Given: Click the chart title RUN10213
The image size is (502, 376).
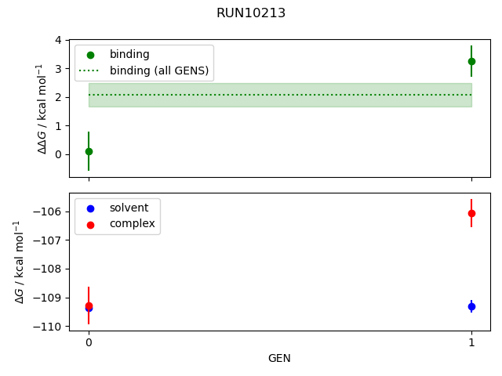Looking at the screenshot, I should pyautogui.click(x=251, y=13).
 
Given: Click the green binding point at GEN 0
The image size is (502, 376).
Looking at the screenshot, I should pyautogui.click(x=89, y=151).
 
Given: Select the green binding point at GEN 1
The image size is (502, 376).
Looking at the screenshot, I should pyautogui.click(x=471, y=61).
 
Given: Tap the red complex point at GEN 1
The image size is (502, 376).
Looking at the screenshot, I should pyautogui.click(x=471, y=213).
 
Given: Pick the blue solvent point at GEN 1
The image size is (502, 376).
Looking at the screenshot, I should pyautogui.click(x=471, y=306).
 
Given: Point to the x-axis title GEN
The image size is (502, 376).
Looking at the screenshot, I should pyautogui.click(x=279, y=358).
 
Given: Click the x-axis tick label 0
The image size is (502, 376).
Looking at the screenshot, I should pyautogui.click(x=89, y=342).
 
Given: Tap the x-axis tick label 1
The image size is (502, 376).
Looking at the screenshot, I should pyautogui.click(x=471, y=342).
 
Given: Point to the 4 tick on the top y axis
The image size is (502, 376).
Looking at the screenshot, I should pyautogui.click(x=59, y=40).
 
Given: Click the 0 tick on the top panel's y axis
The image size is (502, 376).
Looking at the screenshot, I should pyautogui.click(x=59, y=154).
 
